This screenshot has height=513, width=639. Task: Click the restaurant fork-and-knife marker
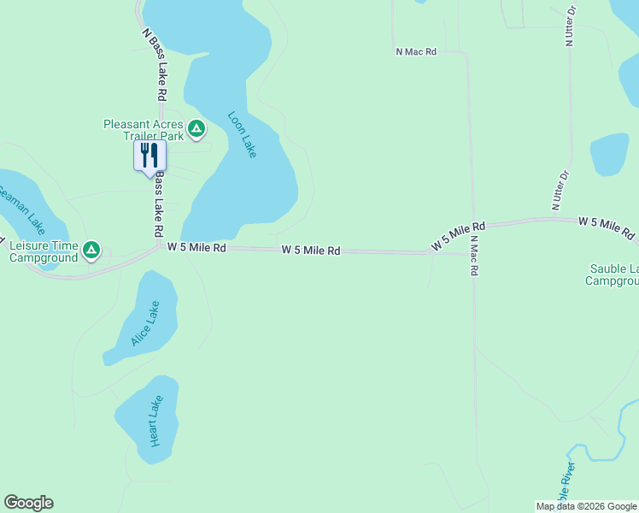149,156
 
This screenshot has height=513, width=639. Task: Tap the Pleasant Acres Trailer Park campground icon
196,129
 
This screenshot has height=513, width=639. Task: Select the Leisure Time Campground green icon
91,251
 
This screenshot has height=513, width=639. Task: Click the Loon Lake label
243,134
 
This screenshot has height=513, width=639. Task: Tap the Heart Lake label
155,421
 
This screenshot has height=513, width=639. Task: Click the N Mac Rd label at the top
416,52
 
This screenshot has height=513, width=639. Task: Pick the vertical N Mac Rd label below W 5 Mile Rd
474,257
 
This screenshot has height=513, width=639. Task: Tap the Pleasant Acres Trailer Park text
143,130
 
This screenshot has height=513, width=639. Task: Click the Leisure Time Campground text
44,251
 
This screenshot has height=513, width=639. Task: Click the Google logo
28,503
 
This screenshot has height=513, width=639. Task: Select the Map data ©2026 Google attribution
587,506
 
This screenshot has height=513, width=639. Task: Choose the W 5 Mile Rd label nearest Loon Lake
196,247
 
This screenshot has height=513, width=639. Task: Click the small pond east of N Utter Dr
609,154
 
